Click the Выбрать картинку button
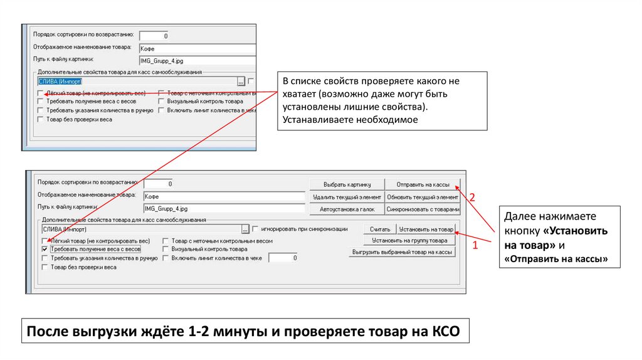pos(347,184)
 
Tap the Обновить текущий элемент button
pos(423,197)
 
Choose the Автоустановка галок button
pos(347,209)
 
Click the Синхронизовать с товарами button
pos(423,209)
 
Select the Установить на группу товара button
pos(409,240)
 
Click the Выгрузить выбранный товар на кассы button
pos(402,252)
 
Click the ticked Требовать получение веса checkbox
pos(45,249)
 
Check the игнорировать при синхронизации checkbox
pos(255,230)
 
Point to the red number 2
pos(473,197)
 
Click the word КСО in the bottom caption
pos(446,331)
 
